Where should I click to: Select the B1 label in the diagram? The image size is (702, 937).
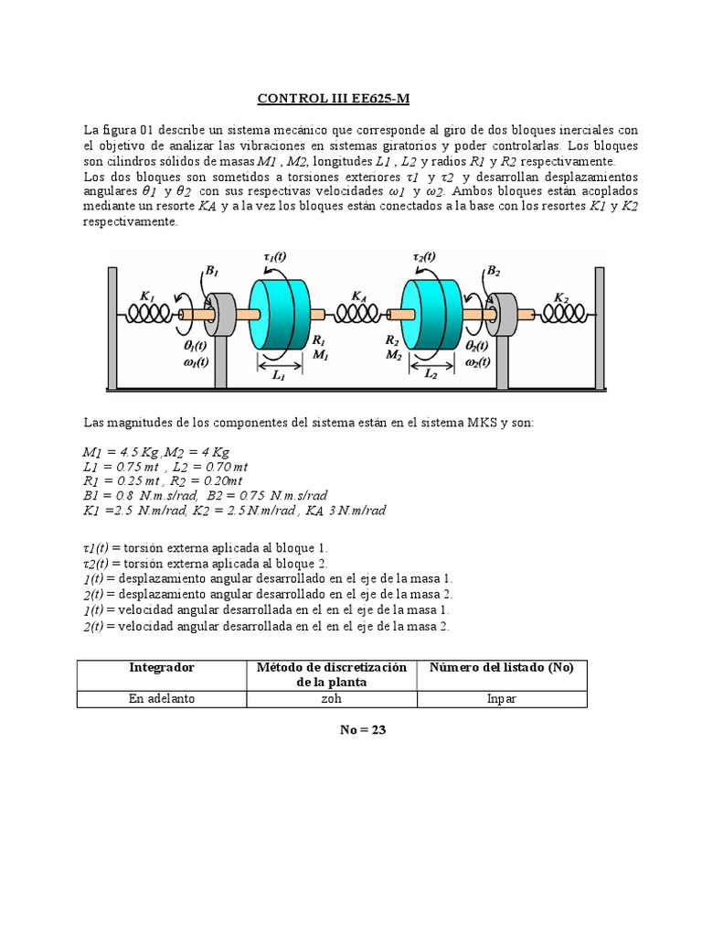pos(211,270)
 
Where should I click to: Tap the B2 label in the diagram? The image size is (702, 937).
pos(493,270)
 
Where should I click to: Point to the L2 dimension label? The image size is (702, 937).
pos(430,375)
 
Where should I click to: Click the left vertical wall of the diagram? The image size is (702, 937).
pos(112,328)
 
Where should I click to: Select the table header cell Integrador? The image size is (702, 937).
pos(161,668)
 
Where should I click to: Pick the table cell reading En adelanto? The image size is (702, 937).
pos(161,698)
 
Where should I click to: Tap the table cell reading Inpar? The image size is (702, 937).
pos(502,698)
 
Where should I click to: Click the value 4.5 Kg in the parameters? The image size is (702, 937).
pos(133,452)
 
